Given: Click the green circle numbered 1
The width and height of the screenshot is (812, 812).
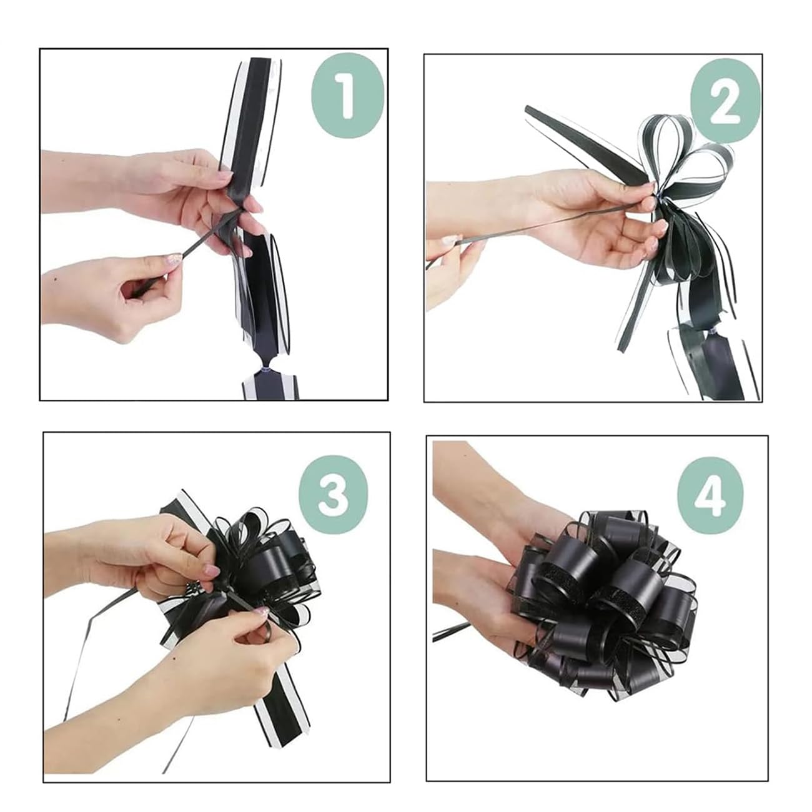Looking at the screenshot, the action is (348, 96).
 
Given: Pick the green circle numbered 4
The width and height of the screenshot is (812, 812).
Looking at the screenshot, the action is (710, 495).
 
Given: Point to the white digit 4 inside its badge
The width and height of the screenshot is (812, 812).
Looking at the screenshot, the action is (710, 495).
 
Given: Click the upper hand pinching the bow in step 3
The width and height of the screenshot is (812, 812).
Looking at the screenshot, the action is (139, 557).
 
